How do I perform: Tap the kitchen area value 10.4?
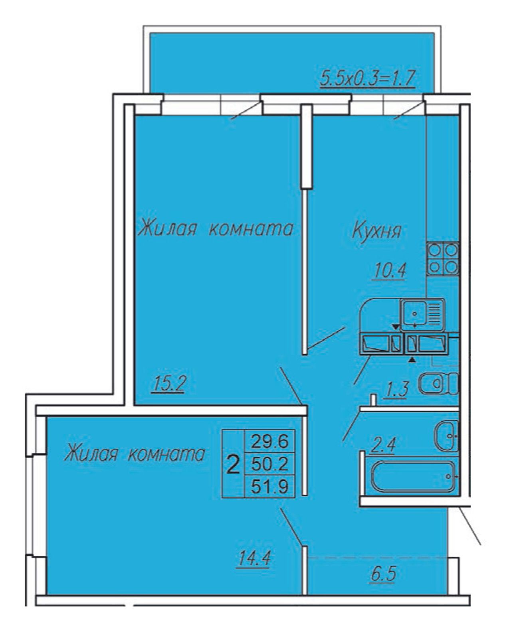(390, 270)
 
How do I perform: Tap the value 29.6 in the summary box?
(269, 441)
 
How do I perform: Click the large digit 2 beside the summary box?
(233, 465)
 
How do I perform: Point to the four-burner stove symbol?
(442, 258)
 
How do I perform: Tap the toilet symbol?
(438, 384)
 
